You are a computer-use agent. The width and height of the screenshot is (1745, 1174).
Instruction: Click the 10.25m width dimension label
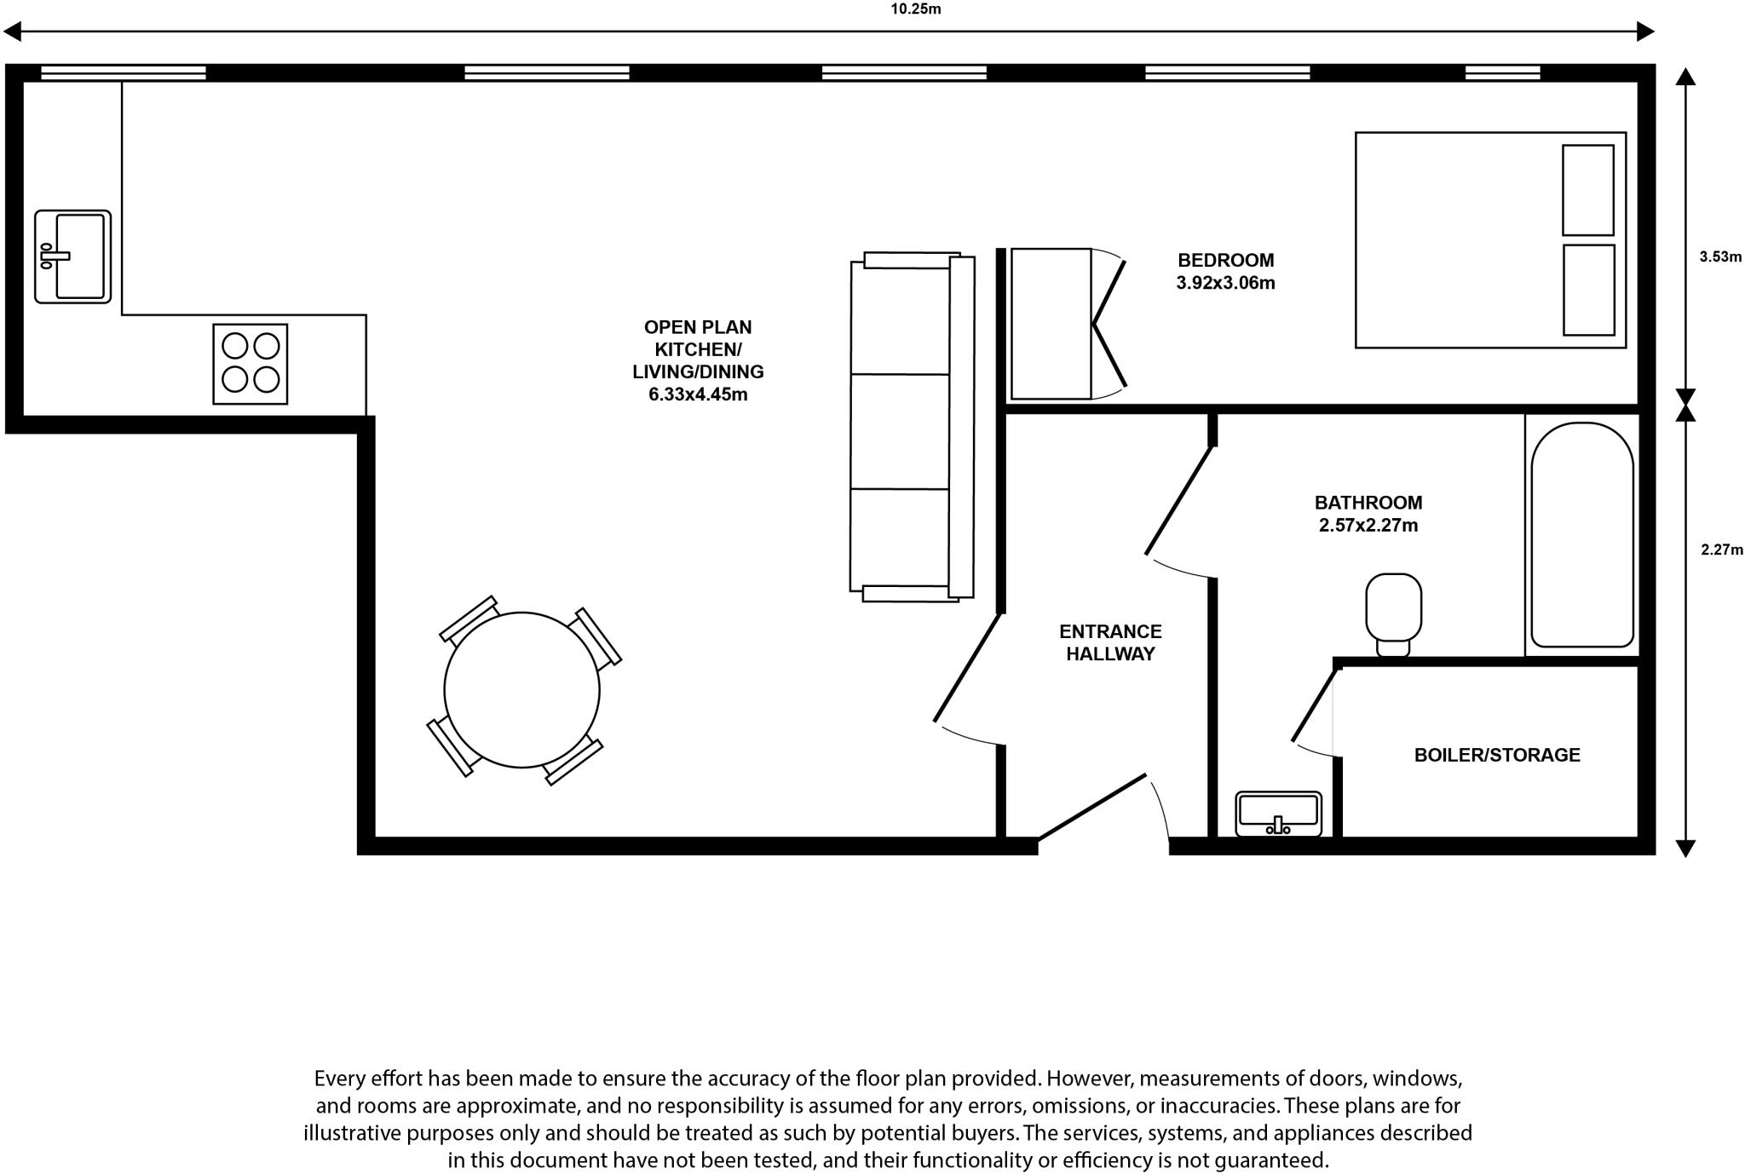coord(916,9)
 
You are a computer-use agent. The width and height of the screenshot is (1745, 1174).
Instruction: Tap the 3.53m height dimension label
coord(1720,256)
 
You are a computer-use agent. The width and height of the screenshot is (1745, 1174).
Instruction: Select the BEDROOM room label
coord(1225,261)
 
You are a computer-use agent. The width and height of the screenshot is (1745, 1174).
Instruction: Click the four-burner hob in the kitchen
coord(250,364)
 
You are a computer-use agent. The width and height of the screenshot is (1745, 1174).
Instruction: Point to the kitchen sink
coord(73,256)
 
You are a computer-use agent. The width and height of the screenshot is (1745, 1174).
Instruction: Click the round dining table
coord(521,690)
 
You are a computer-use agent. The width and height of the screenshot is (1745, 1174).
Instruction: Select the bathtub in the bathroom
coord(1582,535)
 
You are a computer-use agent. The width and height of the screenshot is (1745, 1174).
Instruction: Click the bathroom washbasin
coord(1278,814)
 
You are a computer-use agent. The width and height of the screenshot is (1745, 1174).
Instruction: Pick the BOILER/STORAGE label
coord(1497,755)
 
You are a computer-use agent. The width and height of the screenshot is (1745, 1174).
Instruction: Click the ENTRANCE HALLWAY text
coord(1110,643)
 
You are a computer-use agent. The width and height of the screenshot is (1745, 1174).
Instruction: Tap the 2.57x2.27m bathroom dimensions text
coord(1368,526)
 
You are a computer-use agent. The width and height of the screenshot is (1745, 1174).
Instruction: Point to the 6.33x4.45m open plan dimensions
coord(698,394)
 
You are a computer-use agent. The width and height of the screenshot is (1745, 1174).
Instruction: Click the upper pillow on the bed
coord(1587,190)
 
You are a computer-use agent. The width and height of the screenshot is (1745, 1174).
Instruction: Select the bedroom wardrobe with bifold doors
coord(1051,324)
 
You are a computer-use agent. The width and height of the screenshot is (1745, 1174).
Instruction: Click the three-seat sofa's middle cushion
coord(900,431)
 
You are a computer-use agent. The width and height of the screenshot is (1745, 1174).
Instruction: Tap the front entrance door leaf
coord(1092,806)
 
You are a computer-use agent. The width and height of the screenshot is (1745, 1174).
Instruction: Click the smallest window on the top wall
coord(1502,73)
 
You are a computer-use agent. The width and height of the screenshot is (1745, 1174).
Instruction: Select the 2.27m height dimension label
coord(1722,550)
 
